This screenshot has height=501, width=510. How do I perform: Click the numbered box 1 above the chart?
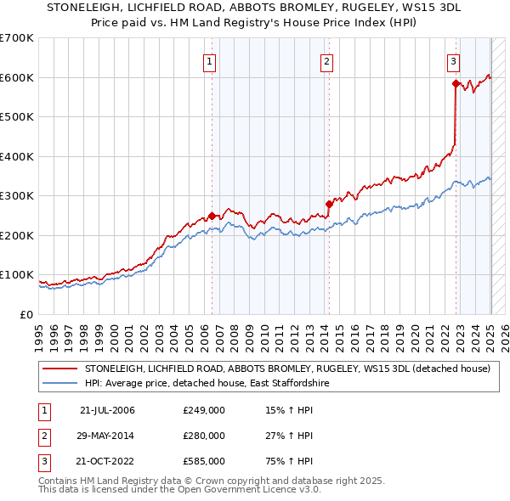tap(209, 60)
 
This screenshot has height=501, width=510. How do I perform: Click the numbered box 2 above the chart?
tap(326, 60)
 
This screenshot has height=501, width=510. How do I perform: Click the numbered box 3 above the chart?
tap(453, 60)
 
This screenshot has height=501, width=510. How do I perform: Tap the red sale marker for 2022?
tap(456, 83)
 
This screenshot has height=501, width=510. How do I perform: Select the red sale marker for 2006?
tap(212, 216)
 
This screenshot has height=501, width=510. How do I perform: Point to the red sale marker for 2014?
tap(329, 204)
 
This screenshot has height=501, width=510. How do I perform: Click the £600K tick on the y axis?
tap(17, 77)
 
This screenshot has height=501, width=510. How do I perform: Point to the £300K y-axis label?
tap(17, 196)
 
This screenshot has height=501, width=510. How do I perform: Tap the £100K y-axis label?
tap(17, 275)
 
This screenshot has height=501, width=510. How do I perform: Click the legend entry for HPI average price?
tap(207, 384)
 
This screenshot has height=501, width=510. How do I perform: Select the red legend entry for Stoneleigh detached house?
tap(287, 369)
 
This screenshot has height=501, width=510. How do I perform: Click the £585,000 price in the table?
tap(203, 462)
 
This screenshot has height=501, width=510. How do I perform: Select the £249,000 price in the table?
tap(203, 410)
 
